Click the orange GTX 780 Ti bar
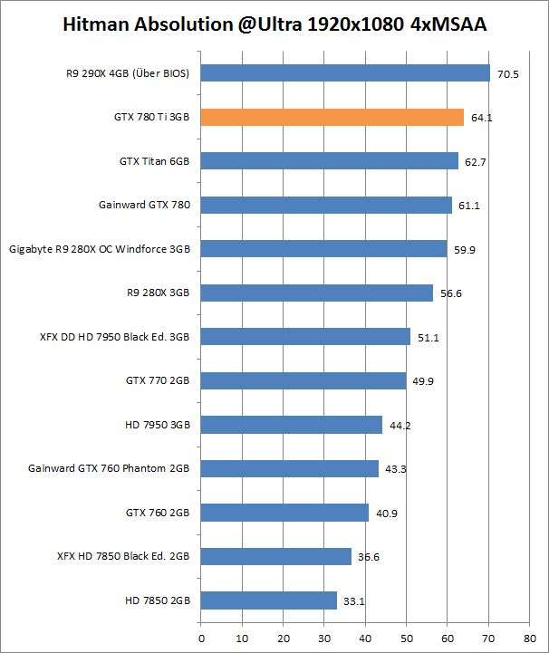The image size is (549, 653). (x=332, y=117)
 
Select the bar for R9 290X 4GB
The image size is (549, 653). (x=344, y=73)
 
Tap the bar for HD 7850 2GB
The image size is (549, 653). (x=268, y=600)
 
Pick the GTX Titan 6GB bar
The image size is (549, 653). (x=329, y=161)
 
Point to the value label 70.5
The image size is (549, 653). (x=508, y=74)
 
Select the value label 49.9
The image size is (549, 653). (x=423, y=381)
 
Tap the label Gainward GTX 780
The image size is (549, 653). (x=145, y=205)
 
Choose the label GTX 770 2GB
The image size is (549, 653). (x=157, y=380)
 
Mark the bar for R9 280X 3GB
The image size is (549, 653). (x=316, y=293)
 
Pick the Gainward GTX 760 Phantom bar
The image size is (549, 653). (x=289, y=468)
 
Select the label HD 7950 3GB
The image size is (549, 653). (x=158, y=424)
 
